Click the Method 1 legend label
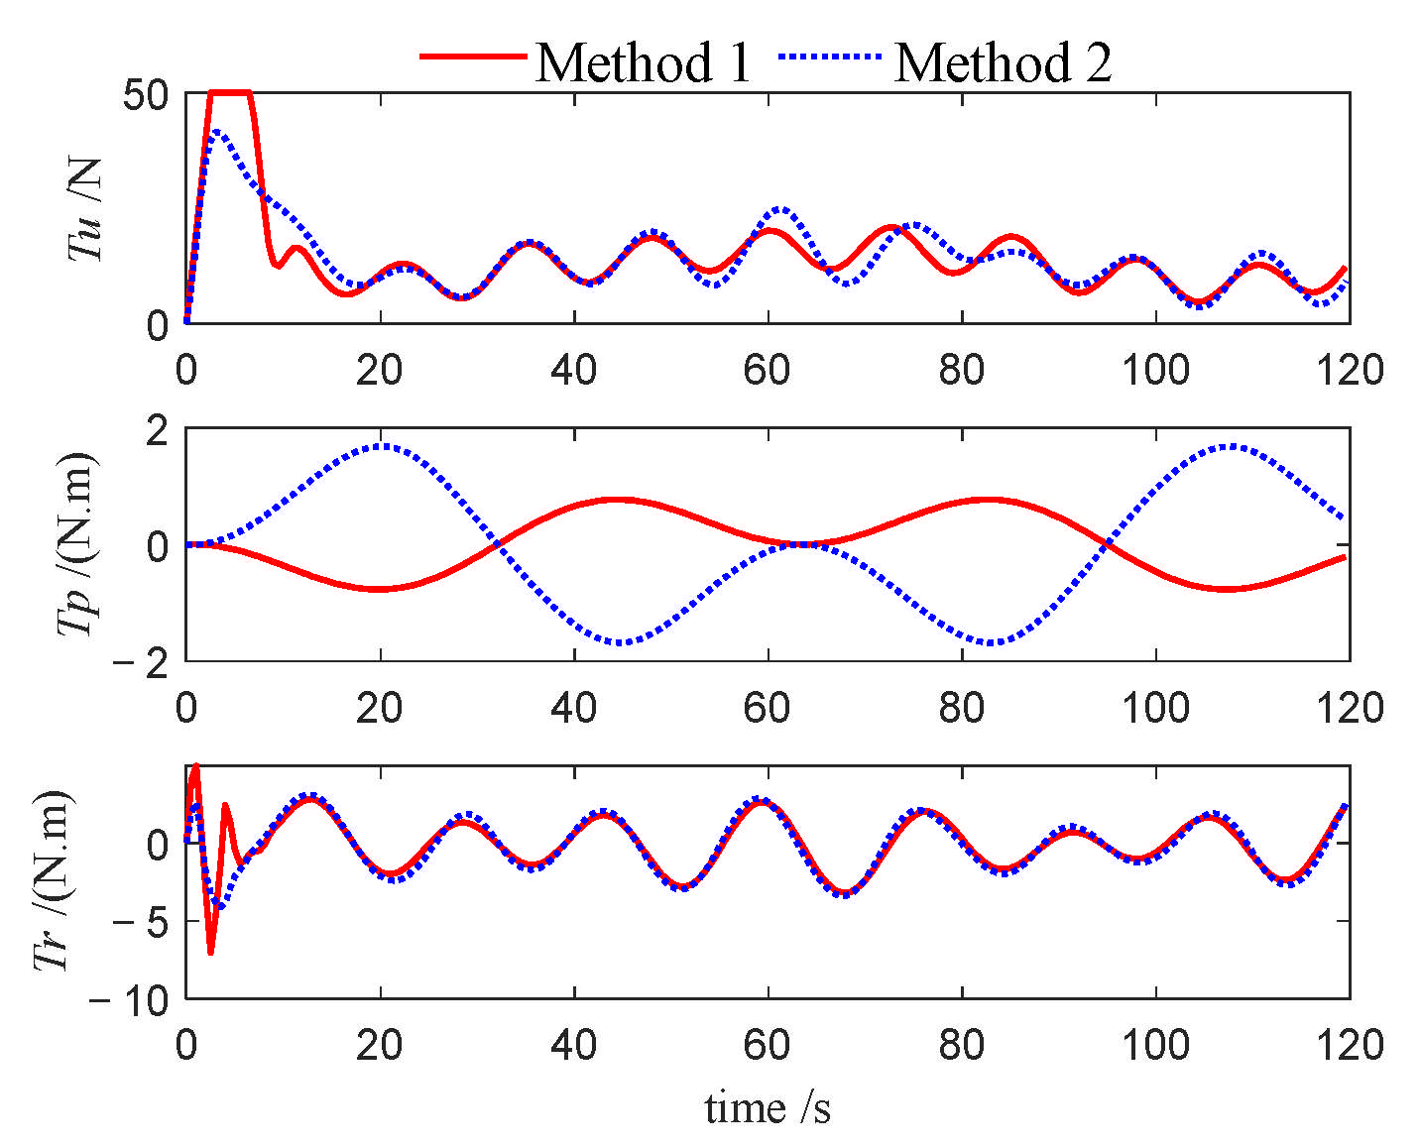644,62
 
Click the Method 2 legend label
1003,62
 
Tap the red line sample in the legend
472,57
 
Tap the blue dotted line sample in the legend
831,57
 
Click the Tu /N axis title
87,208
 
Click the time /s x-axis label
768,1107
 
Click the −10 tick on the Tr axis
130,1000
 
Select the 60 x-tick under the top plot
768,370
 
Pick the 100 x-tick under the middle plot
1155,707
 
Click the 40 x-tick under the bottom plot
574,1044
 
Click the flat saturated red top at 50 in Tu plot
230,93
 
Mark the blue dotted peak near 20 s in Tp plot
382,446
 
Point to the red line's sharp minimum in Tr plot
211,952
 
